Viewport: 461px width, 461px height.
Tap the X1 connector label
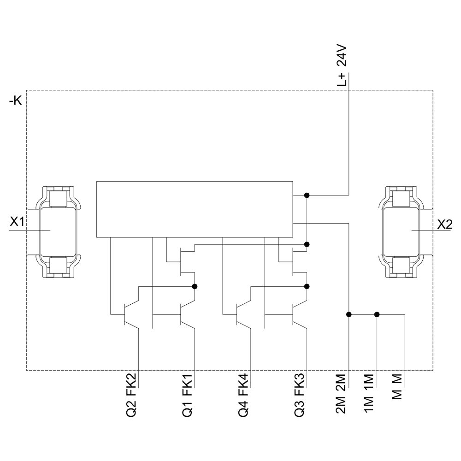click(17, 222)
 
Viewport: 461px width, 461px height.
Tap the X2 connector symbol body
click(402, 230)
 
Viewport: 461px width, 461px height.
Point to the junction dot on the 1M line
click(377, 314)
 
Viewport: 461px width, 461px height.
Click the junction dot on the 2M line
click(349, 314)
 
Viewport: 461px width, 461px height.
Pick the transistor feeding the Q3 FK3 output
click(298, 314)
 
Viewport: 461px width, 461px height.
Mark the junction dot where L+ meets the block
click(307, 195)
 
